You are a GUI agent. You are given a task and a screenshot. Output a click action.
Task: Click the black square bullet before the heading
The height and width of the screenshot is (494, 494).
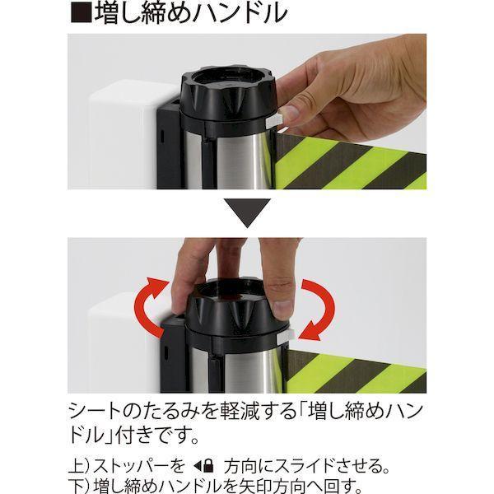click(x=82, y=12)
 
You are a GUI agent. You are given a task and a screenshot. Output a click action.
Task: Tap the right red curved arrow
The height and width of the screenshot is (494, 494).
click(x=318, y=310)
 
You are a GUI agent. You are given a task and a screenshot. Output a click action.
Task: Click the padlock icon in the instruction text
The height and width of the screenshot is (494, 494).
click(x=208, y=466)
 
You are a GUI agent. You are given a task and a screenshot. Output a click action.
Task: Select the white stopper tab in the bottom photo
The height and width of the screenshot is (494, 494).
click(x=285, y=336)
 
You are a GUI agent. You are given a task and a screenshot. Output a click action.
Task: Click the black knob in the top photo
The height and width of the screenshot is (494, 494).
click(x=227, y=94)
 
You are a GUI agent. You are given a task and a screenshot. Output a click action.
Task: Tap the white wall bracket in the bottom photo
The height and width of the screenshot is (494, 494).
click(x=123, y=343)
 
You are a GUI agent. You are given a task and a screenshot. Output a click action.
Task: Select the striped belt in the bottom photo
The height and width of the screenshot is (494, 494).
click(x=356, y=372)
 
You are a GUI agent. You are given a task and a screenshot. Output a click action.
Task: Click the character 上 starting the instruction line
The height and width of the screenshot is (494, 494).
click(x=76, y=466)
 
